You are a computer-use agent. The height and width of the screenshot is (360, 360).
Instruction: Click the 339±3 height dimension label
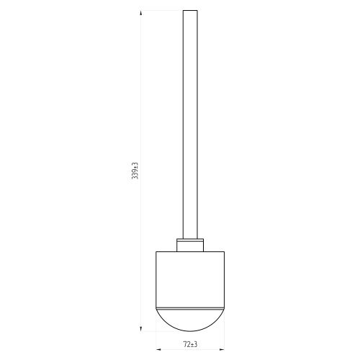point(135,171)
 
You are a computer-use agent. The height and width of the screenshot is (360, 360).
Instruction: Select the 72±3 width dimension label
point(190,344)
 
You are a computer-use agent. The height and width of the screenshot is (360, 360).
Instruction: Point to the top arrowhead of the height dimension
point(140,13)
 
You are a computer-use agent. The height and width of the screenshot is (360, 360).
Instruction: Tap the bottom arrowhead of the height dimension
point(140,329)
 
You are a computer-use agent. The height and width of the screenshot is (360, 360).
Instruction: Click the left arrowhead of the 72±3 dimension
point(158,349)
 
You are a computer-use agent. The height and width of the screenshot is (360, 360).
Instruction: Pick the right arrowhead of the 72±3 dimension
point(222,349)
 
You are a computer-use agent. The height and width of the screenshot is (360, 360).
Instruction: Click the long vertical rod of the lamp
point(190,125)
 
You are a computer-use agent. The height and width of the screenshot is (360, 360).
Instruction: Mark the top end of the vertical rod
point(190,11)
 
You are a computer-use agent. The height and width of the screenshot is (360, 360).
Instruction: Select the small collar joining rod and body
point(190,246)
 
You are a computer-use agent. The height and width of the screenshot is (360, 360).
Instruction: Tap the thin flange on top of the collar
point(190,239)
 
